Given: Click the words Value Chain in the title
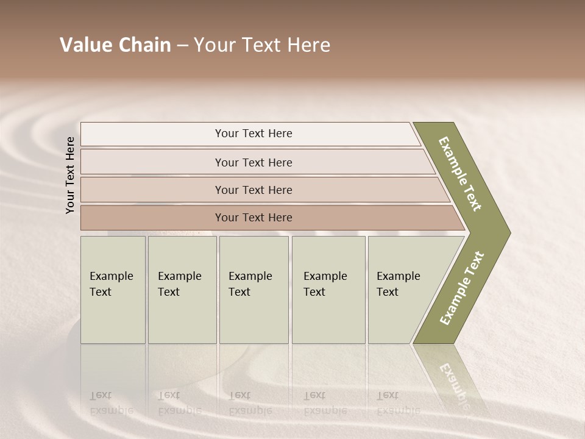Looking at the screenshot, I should coord(115,45).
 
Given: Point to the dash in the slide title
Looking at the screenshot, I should coord(182,46).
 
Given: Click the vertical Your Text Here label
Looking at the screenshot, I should coord(70,175).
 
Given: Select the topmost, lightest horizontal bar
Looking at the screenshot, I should coord(250,134).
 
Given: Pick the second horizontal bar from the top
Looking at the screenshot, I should coord(256,162).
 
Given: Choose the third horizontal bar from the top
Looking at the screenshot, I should coord(262,190).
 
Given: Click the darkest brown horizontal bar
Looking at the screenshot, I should coord(268,218).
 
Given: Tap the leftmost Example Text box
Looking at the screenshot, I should coord(113,290).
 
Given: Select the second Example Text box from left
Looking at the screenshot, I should coord(182,290).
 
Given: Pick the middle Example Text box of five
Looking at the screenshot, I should coord(253,290).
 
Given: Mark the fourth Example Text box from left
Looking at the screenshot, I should coord(328,290).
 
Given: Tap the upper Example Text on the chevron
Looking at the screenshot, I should coord(461,174).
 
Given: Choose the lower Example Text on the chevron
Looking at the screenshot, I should coord(462,288).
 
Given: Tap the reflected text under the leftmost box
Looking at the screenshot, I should coord(111,403).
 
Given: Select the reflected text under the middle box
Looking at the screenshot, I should coord(250,403).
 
